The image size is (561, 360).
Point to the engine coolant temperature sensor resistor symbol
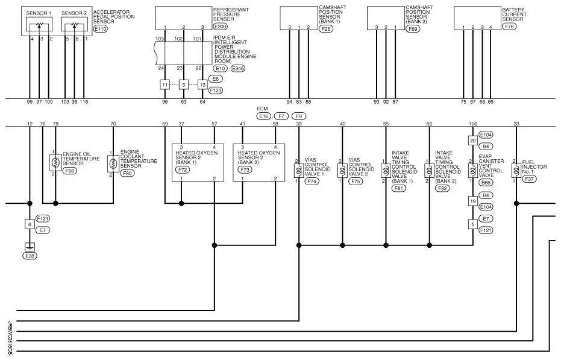pos(113,163)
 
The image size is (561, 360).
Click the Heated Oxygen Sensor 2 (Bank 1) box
pos(198,162)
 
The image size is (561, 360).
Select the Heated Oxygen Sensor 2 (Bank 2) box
pos(259,162)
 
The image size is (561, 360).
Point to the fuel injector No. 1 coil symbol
pos(516,171)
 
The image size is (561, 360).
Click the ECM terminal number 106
pos(473,124)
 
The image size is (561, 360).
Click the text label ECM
pos(262,109)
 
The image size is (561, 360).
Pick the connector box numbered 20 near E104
pos(473,139)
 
